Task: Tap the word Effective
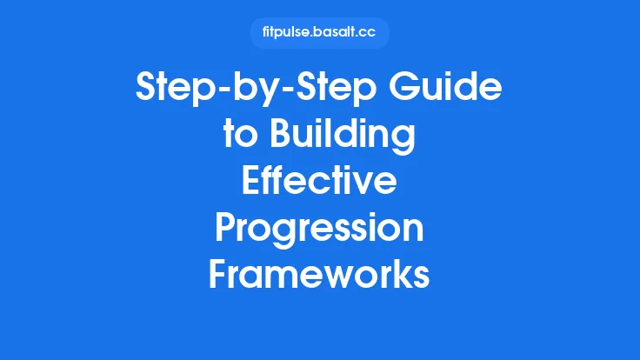coord(320,183)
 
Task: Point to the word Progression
coord(320,229)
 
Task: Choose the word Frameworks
coord(320,275)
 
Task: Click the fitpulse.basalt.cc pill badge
coord(320,33)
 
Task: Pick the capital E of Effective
coord(252,183)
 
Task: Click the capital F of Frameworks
coord(219,275)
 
